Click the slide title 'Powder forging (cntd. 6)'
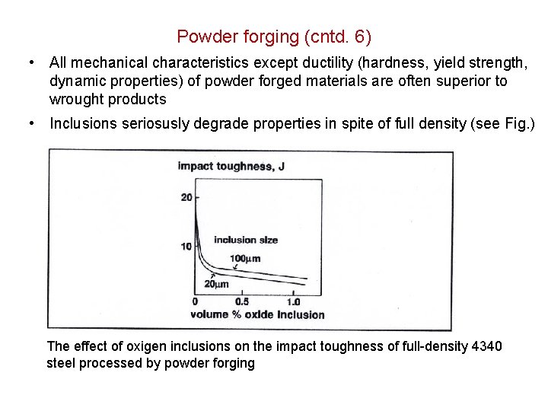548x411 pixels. coord(274,36)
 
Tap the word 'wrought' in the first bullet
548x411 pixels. coord(75,99)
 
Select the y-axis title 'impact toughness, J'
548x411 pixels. coord(226,166)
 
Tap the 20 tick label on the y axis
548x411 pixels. coord(186,198)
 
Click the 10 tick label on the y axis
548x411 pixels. coord(186,246)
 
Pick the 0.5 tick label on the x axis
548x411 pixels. coord(241,302)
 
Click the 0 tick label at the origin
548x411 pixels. coord(196,302)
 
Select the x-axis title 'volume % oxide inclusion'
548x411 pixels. coord(257,314)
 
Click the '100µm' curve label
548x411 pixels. coord(245,258)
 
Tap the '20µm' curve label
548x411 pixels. coord(216,284)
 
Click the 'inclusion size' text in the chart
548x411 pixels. coord(246,240)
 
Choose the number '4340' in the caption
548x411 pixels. coord(487,346)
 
